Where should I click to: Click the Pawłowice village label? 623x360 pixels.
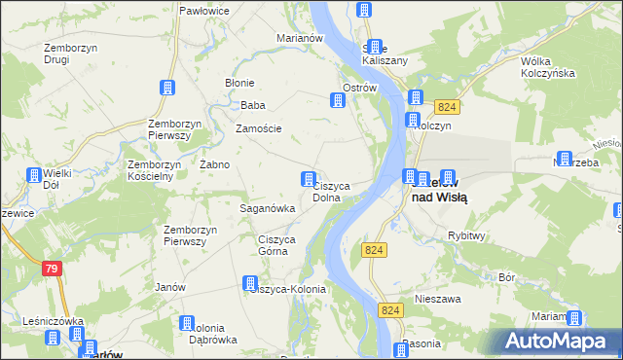[202, 10]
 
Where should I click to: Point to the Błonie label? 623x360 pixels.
[239, 83]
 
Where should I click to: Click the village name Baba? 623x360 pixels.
[253, 105]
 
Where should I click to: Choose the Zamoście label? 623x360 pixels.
[259, 127]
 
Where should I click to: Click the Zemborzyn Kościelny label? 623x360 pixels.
[150, 170]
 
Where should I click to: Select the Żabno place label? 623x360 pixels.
[214, 164]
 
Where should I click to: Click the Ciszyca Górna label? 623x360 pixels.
[274, 245]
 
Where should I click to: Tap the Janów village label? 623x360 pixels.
[170, 287]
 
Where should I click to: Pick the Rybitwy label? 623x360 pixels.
[467, 235]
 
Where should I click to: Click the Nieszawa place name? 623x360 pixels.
[436, 299]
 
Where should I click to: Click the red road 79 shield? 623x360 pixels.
[54, 267]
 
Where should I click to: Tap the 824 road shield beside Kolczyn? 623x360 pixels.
[447, 107]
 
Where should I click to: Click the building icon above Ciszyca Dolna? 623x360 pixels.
[309, 178]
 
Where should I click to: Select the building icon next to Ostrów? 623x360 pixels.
[338, 99]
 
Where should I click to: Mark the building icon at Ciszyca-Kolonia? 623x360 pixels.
[250, 282]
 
